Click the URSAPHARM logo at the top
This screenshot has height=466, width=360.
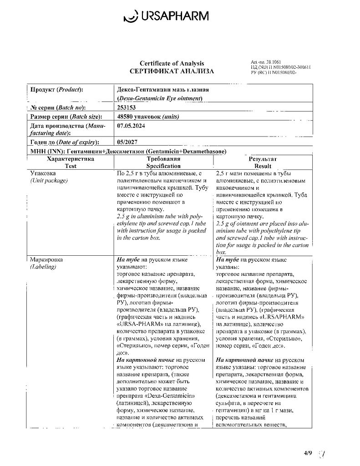pyautogui.click(x=166, y=17)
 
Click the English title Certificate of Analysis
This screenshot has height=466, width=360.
pyautogui.click(x=172, y=64)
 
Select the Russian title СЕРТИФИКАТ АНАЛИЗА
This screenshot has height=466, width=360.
pyautogui.click(x=172, y=71)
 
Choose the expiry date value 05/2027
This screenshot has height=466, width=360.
pyautogui.click(x=127, y=142)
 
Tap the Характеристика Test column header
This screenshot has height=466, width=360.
pyautogui.click(x=71, y=162)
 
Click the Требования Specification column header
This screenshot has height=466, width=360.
pyautogui.click(x=163, y=162)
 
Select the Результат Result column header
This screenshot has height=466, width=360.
pyautogui.click(x=263, y=163)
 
